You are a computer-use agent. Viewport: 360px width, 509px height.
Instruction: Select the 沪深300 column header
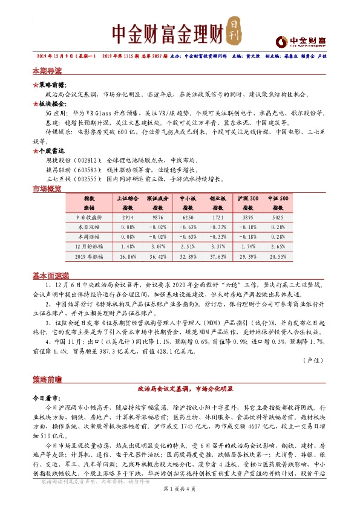[248, 198]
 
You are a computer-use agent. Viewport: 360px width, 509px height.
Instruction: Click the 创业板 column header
[218, 198]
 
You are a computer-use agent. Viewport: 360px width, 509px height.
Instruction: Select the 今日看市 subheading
[46, 399]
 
